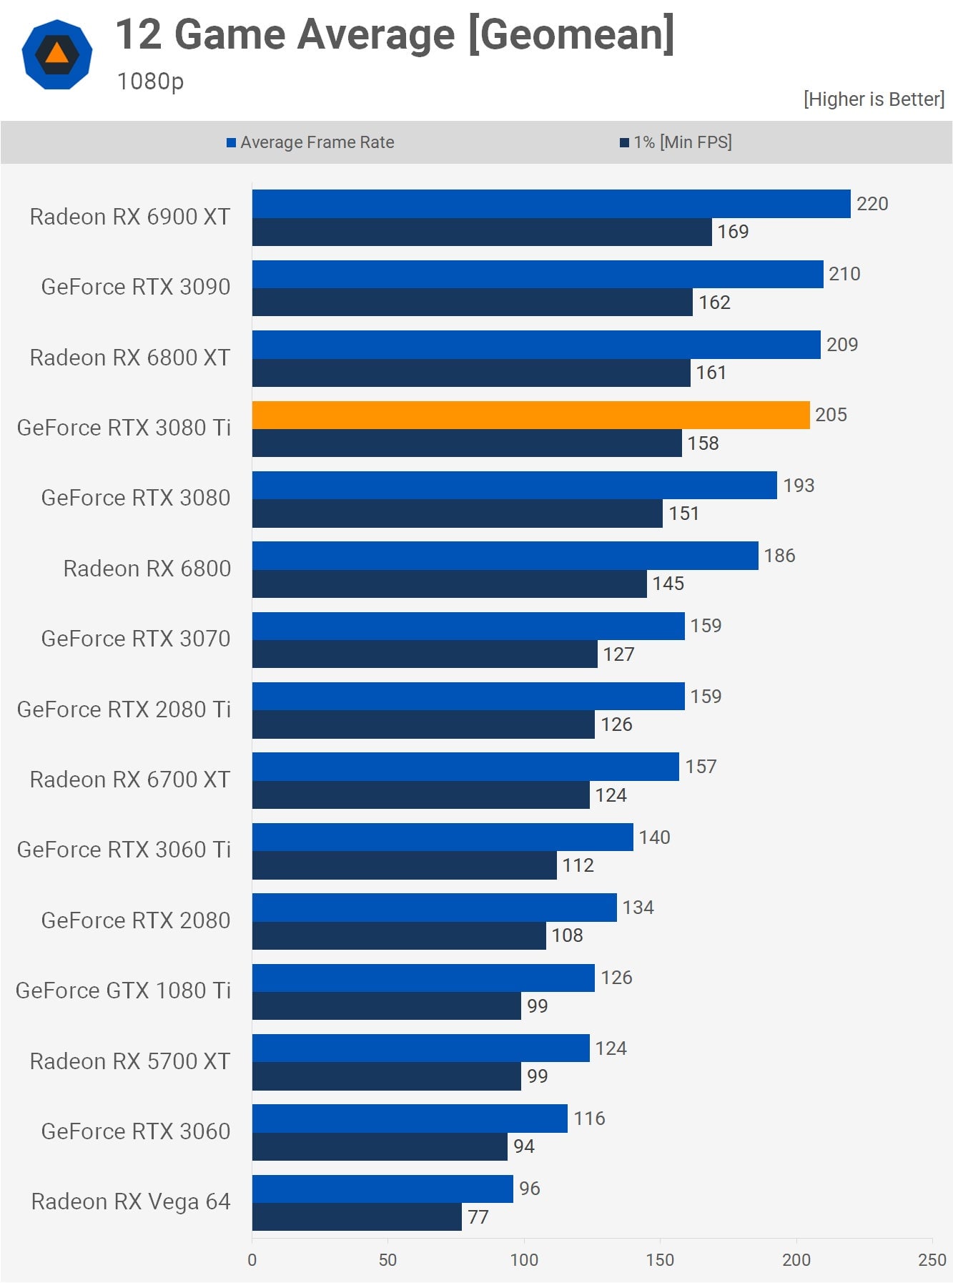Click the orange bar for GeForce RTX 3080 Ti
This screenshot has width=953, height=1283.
pos(530,415)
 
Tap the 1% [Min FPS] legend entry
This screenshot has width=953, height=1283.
pos(676,142)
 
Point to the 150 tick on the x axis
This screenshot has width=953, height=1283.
pos(659,1260)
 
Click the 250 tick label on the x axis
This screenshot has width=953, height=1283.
pos(932,1260)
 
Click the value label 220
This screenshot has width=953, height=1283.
pos(871,204)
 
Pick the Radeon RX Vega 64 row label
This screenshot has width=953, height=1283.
pos(131,1201)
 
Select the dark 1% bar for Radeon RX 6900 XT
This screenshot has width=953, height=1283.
pos(481,232)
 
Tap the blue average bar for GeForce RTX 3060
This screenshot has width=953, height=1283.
pos(409,1119)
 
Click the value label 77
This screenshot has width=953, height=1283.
pos(478,1216)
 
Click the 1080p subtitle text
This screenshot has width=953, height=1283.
pos(150,82)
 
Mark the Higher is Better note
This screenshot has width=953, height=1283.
pos(874,99)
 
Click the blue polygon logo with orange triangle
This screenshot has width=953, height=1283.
pos(57,54)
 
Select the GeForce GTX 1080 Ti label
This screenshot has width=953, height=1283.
pos(123,990)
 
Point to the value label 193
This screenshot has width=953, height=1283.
pos(798,486)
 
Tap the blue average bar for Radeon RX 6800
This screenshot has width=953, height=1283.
pos(505,556)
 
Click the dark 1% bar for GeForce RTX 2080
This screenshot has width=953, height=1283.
pos(398,935)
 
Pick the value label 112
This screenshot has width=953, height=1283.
pos(578,865)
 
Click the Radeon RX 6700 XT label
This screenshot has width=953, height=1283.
pos(130,780)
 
